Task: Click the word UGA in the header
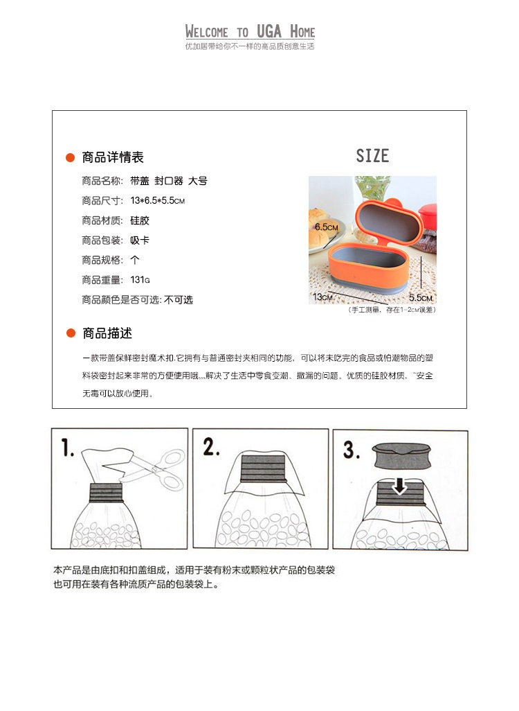(269, 31)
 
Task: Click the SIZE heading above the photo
(372, 155)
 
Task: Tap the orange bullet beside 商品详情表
(70, 157)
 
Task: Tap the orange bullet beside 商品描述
(71, 333)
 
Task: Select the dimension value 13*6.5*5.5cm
(158, 200)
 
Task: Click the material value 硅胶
(140, 220)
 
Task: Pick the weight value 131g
(140, 280)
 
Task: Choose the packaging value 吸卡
(140, 240)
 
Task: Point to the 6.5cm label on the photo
(327, 227)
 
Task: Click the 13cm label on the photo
(323, 297)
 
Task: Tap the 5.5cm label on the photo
(421, 298)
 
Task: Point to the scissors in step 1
(154, 469)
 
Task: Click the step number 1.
(68, 448)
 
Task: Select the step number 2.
(211, 447)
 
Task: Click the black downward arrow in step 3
(399, 486)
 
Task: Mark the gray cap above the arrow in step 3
(401, 456)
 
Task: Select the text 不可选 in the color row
(179, 300)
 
